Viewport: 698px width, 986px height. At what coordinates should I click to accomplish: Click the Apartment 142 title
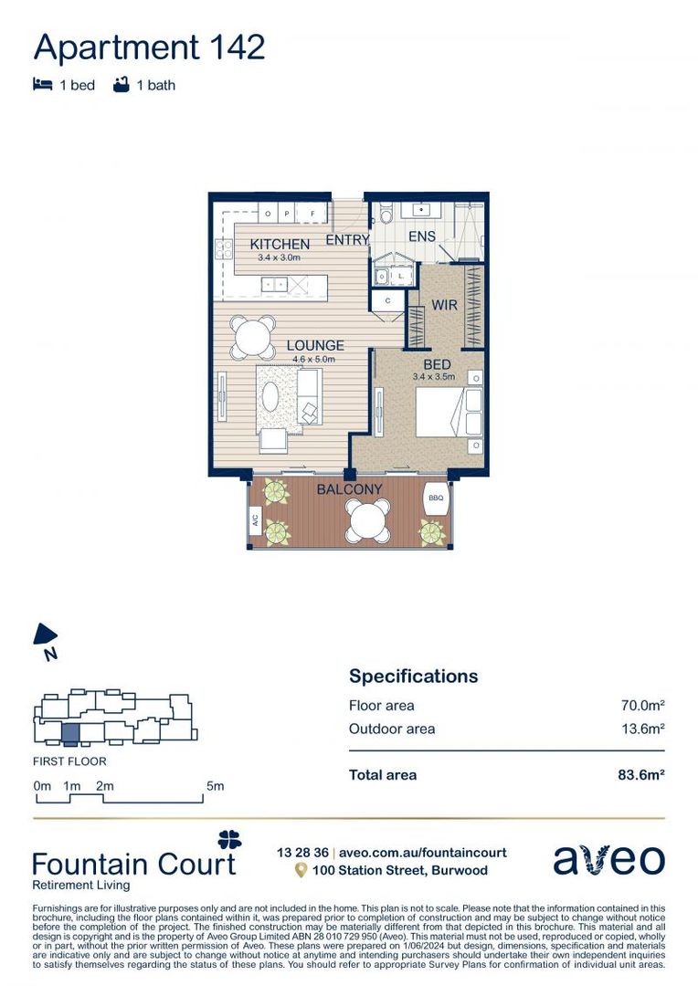150,46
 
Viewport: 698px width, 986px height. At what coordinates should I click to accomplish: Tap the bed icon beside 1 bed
42,86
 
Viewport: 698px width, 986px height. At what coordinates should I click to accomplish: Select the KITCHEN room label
280,245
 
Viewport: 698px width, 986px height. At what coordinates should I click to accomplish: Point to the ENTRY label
347,240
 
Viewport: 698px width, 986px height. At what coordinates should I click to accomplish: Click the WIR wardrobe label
445,306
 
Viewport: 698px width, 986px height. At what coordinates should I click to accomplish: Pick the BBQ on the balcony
435,498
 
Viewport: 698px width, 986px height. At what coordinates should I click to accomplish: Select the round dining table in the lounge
252,338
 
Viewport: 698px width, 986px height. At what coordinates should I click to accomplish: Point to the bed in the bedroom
449,412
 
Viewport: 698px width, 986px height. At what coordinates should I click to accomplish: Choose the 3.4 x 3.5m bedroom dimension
433,377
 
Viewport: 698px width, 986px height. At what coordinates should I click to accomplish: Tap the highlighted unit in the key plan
70,731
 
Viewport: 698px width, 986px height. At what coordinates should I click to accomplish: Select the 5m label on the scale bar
215,786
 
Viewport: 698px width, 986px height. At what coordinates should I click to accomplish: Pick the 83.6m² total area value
640,775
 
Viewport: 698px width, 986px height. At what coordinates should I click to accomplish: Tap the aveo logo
608,860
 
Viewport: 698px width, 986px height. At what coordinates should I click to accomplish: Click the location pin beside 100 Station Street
300,871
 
